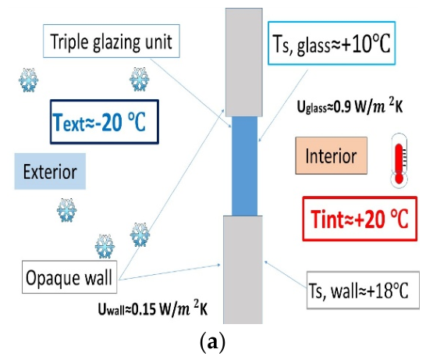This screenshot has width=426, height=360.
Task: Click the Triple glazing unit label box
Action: point(112,41)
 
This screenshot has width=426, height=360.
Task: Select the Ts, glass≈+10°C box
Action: point(332,43)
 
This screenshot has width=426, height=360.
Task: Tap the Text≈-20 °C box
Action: point(105,122)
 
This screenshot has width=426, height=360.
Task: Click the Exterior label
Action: point(50,171)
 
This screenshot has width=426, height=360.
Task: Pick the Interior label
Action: point(331,155)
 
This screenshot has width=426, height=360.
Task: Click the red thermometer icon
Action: point(399,160)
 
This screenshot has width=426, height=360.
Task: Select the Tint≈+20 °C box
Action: point(360,219)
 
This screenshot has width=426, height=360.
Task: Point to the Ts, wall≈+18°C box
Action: point(363,290)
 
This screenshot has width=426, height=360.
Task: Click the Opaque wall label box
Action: point(69,277)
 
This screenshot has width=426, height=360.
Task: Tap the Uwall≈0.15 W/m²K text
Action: point(153,308)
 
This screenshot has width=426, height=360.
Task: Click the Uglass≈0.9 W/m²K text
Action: point(350,106)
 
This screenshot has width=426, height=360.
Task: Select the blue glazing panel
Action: point(244,166)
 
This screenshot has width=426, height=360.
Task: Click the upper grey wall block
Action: point(244,62)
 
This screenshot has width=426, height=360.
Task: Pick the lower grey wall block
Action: point(243,269)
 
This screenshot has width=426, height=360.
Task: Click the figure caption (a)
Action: point(212,342)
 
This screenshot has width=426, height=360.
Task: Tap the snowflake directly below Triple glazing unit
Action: point(140,79)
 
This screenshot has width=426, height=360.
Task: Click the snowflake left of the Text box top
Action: point(29,80)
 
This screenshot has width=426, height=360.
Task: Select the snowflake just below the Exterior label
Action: point(67,210)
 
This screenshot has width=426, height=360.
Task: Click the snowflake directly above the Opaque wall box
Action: point(105,246)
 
